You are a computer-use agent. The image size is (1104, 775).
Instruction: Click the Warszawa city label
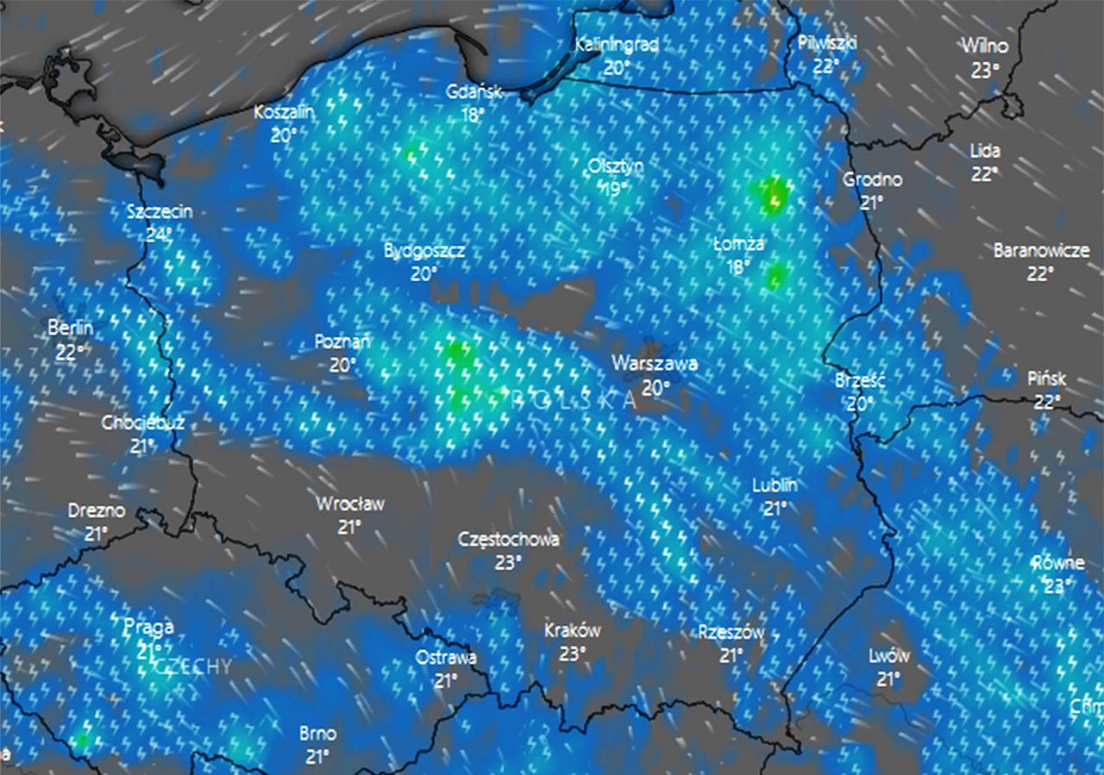(x=655, y=364)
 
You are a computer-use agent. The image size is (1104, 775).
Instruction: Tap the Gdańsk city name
(x=474, y=92)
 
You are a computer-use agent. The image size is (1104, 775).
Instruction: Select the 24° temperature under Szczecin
(x=158, y=233)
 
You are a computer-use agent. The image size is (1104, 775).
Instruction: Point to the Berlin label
(x=71, y=328)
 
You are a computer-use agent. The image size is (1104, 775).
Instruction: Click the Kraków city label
(x=573, y=630)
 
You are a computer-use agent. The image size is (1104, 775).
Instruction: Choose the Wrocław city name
(x=349, y=503)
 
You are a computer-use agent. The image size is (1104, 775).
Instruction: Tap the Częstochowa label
(x=508, y=540)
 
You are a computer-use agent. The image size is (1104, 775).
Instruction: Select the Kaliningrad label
(x=617, y=44)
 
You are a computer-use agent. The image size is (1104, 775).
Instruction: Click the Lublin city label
(x=775, y=485)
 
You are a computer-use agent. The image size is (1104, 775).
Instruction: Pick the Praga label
(x=148, y=627)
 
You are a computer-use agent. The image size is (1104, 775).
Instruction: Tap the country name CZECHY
(x=194, y=666)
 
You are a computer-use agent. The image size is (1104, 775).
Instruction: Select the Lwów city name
(x=888, y=656)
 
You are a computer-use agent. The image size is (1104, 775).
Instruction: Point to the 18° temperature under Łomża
(x=737, y=266)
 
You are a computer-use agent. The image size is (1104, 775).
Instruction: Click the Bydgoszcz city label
(x=424, y=251)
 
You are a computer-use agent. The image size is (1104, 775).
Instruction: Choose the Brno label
(x=317, y=734)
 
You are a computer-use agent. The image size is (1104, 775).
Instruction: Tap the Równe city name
(x=1058, y=563)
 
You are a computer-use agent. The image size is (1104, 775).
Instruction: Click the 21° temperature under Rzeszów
(x=731, y=655)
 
